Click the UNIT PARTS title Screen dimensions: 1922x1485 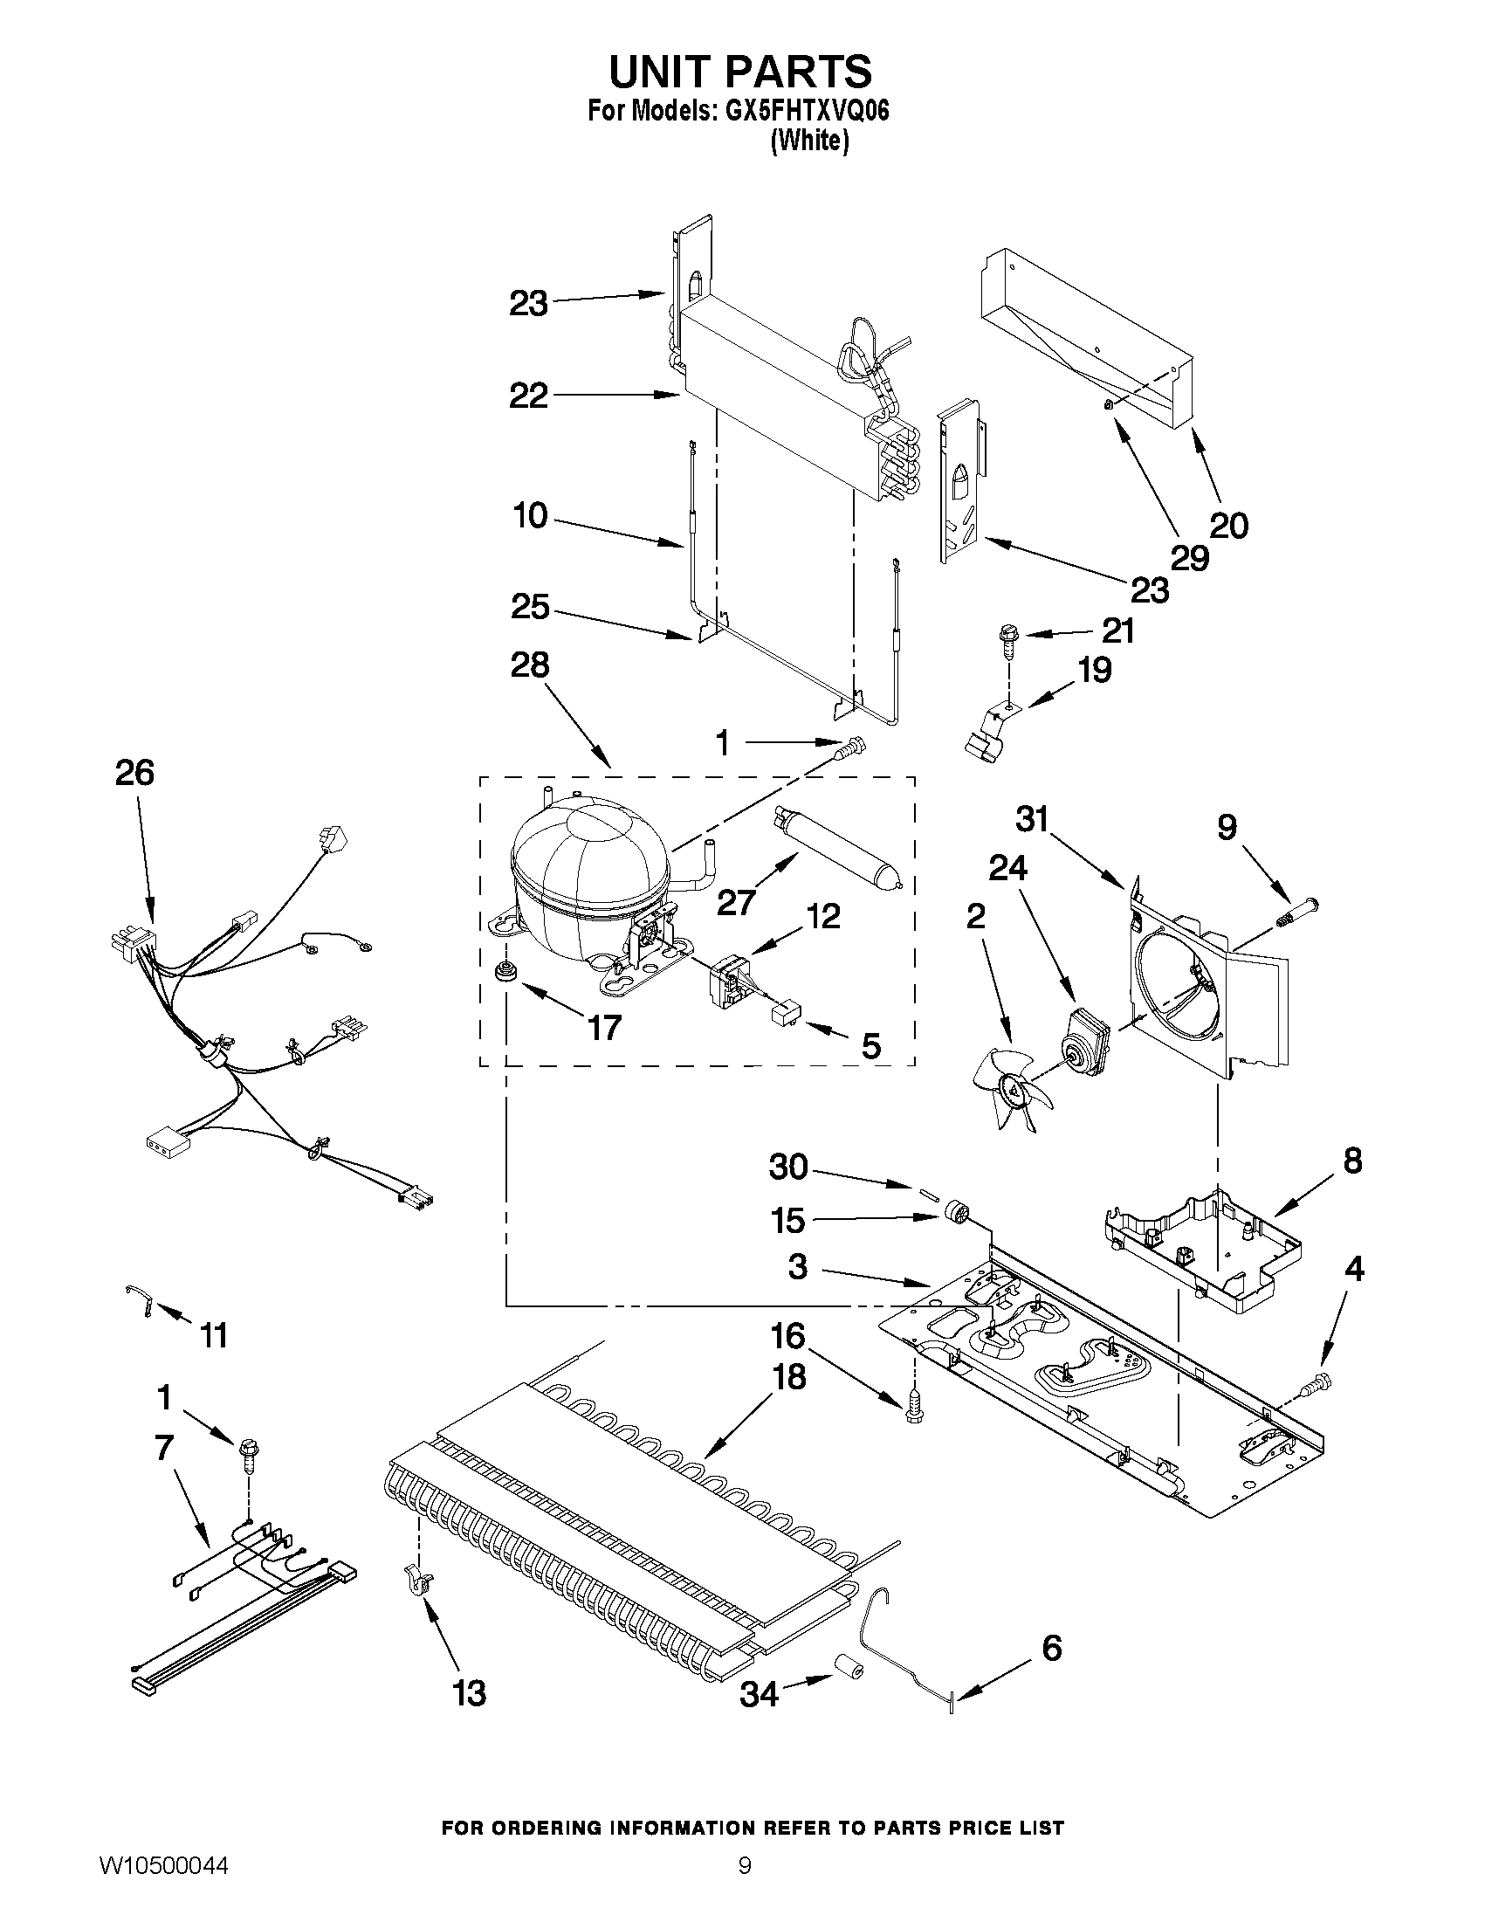click(x=739, y=72)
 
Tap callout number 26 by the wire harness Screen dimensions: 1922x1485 click(x=134, y=773)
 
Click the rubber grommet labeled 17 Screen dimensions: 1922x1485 click(x=505, y=972)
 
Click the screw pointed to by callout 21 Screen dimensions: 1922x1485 click(x=1007, y=636)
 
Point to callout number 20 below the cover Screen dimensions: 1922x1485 click(x=1229, y=526)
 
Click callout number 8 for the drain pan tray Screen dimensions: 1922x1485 click(x=1352, y=1161)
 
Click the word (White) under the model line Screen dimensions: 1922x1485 click(x=809, y=140)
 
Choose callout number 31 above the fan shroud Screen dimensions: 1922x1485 click(x=1032, y=819)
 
